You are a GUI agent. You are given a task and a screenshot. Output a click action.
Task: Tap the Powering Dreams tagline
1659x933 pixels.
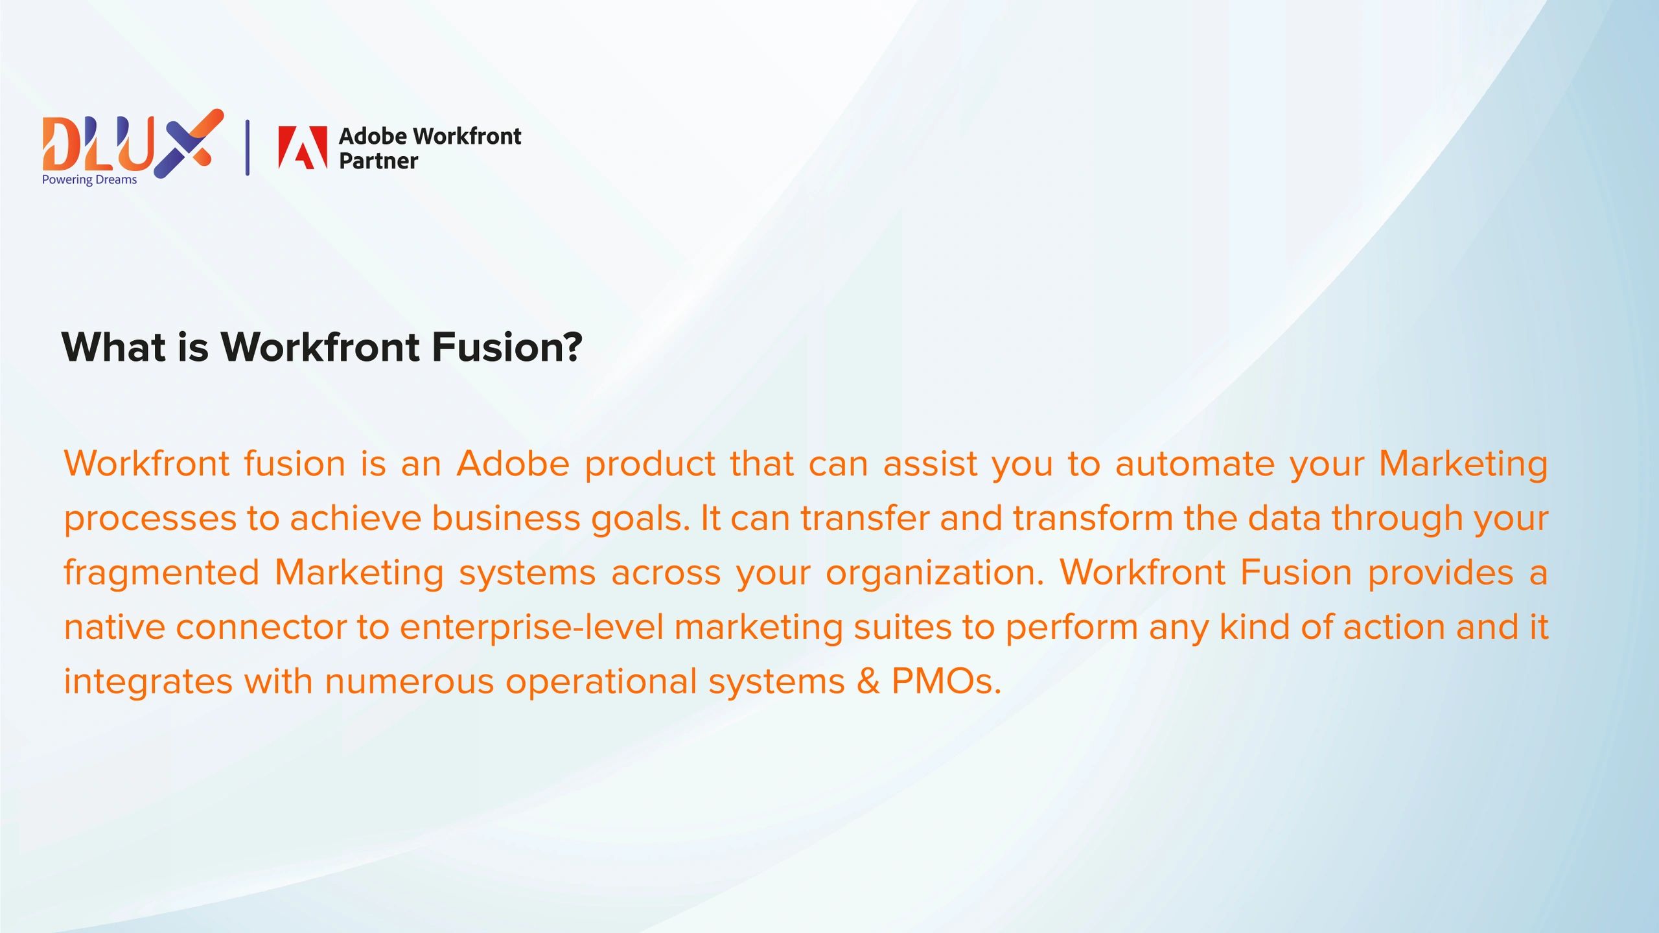pyautogui.click(x=89, y=180)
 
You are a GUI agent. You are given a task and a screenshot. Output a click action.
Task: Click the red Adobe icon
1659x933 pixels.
pyautogui.click(x=303, y=147)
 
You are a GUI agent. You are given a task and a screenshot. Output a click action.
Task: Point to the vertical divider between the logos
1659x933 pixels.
pyautogui.click(x=248, y=147)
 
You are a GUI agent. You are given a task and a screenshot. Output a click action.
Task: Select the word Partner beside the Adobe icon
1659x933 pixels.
pyautogui.click(x=378, y=161)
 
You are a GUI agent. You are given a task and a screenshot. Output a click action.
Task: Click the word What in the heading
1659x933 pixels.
pyautogui.click(x=113, y=347)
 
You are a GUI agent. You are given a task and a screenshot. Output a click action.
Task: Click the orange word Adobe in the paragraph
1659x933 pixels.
pyautogui.click(x=513, y=464)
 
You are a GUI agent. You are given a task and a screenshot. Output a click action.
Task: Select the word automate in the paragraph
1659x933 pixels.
pyautogui.click(x=1194, y=464)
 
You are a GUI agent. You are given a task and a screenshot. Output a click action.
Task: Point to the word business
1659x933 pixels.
pyautogui.click(x=505, y=518)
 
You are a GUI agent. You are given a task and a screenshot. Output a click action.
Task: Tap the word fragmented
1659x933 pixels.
pyautogui.click(x=161, y=573)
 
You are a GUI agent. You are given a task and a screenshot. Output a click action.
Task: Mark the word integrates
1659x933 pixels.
pyautogui.click(x=148, y=682)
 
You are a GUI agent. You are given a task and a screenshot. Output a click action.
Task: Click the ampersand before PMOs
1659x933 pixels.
pyautogui.click(x=868, y=682)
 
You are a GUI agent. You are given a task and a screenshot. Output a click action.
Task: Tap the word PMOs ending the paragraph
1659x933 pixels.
pyautogui.click(x=946, y=682)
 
